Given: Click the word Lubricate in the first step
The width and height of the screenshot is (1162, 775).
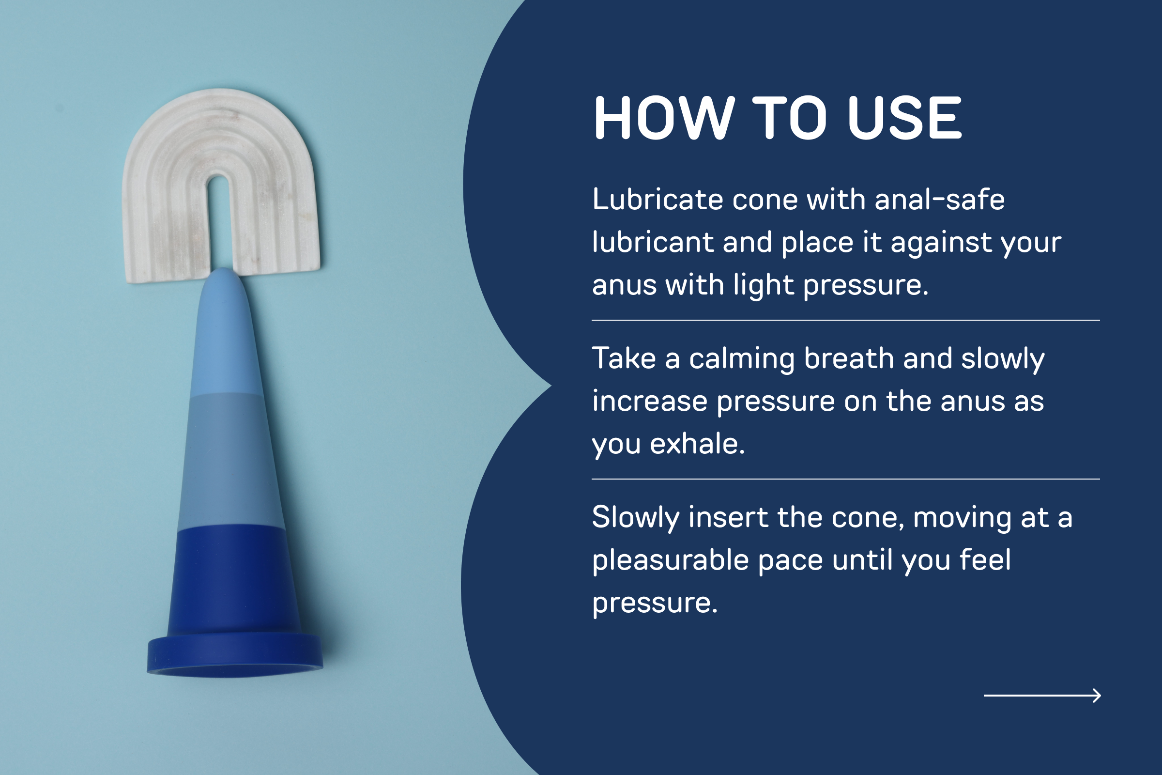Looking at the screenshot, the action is tap(657, 199).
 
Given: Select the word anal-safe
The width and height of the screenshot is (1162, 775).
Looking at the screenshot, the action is tap(940, 199).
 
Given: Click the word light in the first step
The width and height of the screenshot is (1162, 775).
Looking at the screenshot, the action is tap(764, 286).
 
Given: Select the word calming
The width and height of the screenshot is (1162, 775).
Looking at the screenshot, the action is tap(742, 359).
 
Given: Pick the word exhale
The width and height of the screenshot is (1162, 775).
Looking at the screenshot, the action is tap(697, 443).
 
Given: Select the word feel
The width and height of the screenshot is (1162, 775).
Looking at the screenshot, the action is tap(985, 559).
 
